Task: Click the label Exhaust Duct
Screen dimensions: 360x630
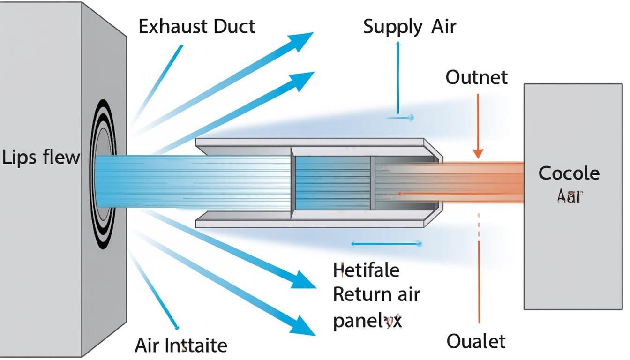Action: pos(197,27)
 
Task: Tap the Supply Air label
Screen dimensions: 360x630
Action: pos(409,27)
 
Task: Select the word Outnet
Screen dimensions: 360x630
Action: pos(476,77)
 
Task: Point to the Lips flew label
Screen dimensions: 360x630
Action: pos(41,157)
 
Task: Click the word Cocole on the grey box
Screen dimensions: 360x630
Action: pos(569,173)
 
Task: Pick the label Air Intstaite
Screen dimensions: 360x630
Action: pos(180,345)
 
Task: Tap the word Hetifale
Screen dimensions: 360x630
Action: pos(366,270)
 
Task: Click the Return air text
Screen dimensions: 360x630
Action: pos(376,295)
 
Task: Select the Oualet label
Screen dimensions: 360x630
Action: pos(476,341)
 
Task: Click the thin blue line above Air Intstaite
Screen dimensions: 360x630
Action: pos(155,291)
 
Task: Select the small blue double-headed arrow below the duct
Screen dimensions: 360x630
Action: pos(387,244)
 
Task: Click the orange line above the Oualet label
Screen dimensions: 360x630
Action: pos(479,281)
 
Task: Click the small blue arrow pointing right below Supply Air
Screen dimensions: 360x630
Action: pos(401,118)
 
